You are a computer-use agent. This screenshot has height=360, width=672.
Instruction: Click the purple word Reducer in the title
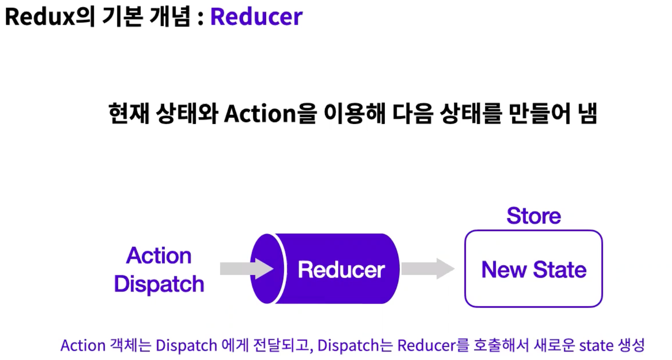coord(256,17)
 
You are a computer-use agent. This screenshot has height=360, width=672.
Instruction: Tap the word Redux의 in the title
coord(50,17)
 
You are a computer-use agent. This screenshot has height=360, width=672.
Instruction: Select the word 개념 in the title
coord(170,17)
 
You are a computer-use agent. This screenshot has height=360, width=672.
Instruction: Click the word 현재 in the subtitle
coord(129,113)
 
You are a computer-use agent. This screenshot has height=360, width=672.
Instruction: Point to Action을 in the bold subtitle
coord(270,114)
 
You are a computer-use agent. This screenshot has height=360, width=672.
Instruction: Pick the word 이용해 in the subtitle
coord(354,113)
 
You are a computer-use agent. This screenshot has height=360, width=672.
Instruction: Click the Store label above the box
coord(534,216)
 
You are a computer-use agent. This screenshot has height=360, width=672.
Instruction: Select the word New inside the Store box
coord(504,269)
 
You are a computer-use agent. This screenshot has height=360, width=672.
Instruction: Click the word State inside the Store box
coord(560,269)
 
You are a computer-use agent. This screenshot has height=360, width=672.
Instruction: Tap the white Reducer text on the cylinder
coord(341,269)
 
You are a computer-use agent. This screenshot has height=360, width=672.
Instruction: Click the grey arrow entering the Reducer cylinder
coord(247,268)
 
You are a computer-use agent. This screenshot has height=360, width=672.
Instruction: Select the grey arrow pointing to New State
coord(428,268)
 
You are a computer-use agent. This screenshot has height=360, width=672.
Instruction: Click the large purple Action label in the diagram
coord(159,256)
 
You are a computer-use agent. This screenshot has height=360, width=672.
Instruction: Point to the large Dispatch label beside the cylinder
coord(159,284)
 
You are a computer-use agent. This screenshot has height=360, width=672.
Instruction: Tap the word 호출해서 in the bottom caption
coord(501,345)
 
